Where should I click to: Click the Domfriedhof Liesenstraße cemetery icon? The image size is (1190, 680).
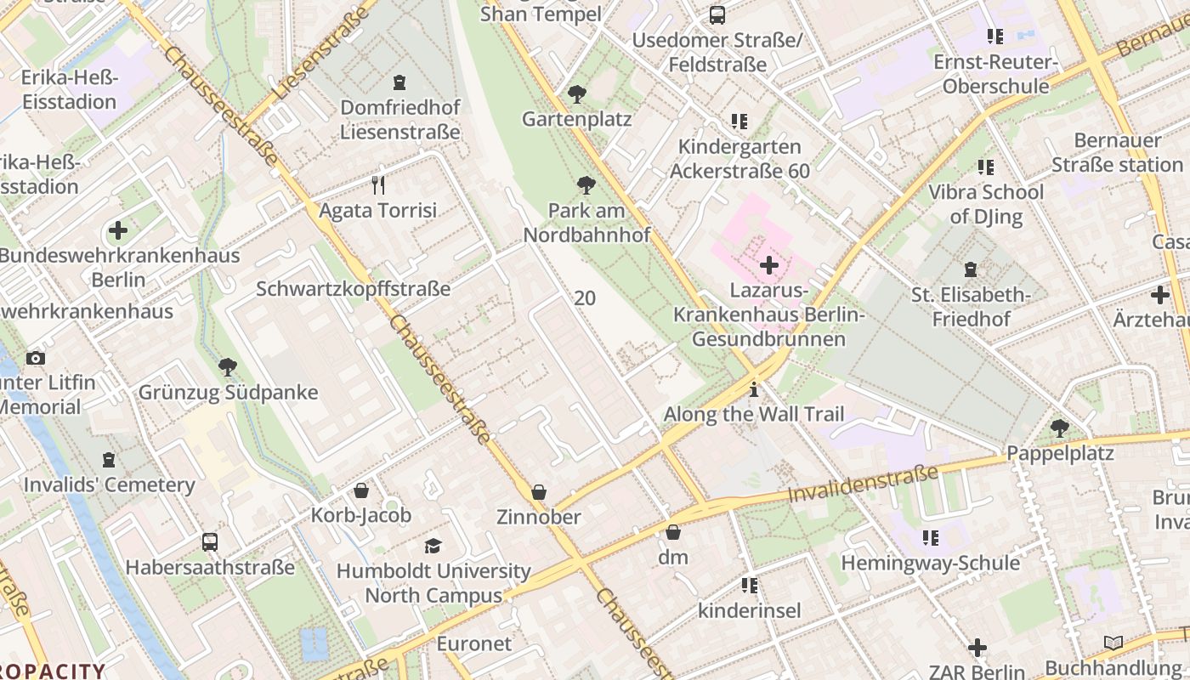pyautogui.click(x=399, y=82)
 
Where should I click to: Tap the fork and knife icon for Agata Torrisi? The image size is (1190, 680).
pyautogui.click(x=378, y=184)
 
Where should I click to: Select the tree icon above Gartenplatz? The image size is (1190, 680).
pyautogui.click(x=577, y=93)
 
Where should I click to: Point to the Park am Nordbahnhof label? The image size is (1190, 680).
pyautogui.click(x=586, y=223)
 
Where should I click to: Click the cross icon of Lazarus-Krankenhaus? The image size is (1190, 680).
pyautogui.click(x=769, y=265)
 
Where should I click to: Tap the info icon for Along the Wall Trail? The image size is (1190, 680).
pyautogui.click(x=753, y=390)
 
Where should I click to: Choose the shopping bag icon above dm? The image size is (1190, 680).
pyautogui.click(x=673, y=532)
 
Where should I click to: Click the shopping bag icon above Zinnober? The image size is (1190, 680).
pyautogui.click(x=538, y=492)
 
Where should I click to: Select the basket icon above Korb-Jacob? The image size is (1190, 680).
pyautogui.click(x=361, y=490)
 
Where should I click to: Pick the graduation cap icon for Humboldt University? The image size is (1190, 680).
pyautogui.click(x=433, y=546)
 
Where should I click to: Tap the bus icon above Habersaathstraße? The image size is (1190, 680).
pyautogui.click(x=209, y=541)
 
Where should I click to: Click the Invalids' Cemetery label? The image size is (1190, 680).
pyautogui.click(x=110, y=485)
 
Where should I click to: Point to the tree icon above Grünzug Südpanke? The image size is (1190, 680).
pyautogui.click(x=227, y=367)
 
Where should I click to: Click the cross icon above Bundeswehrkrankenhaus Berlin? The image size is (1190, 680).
pyautogui.click(x=118, y=230)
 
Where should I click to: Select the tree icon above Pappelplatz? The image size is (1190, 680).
pyautogui.click(x=1059, y=428)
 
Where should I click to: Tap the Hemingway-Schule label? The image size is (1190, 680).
pyautogui.click(x=931, y=563)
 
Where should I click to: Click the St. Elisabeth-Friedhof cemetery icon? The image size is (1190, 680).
pyautogui.click(x=971, y=270)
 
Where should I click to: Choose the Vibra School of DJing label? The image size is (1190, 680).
pyautogui.click(x=986, y=204)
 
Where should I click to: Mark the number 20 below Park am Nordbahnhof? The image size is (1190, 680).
pyautogui.click(x=585, y=298)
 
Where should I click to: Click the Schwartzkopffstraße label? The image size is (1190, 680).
pyautogui.click(x=354, y=289)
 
